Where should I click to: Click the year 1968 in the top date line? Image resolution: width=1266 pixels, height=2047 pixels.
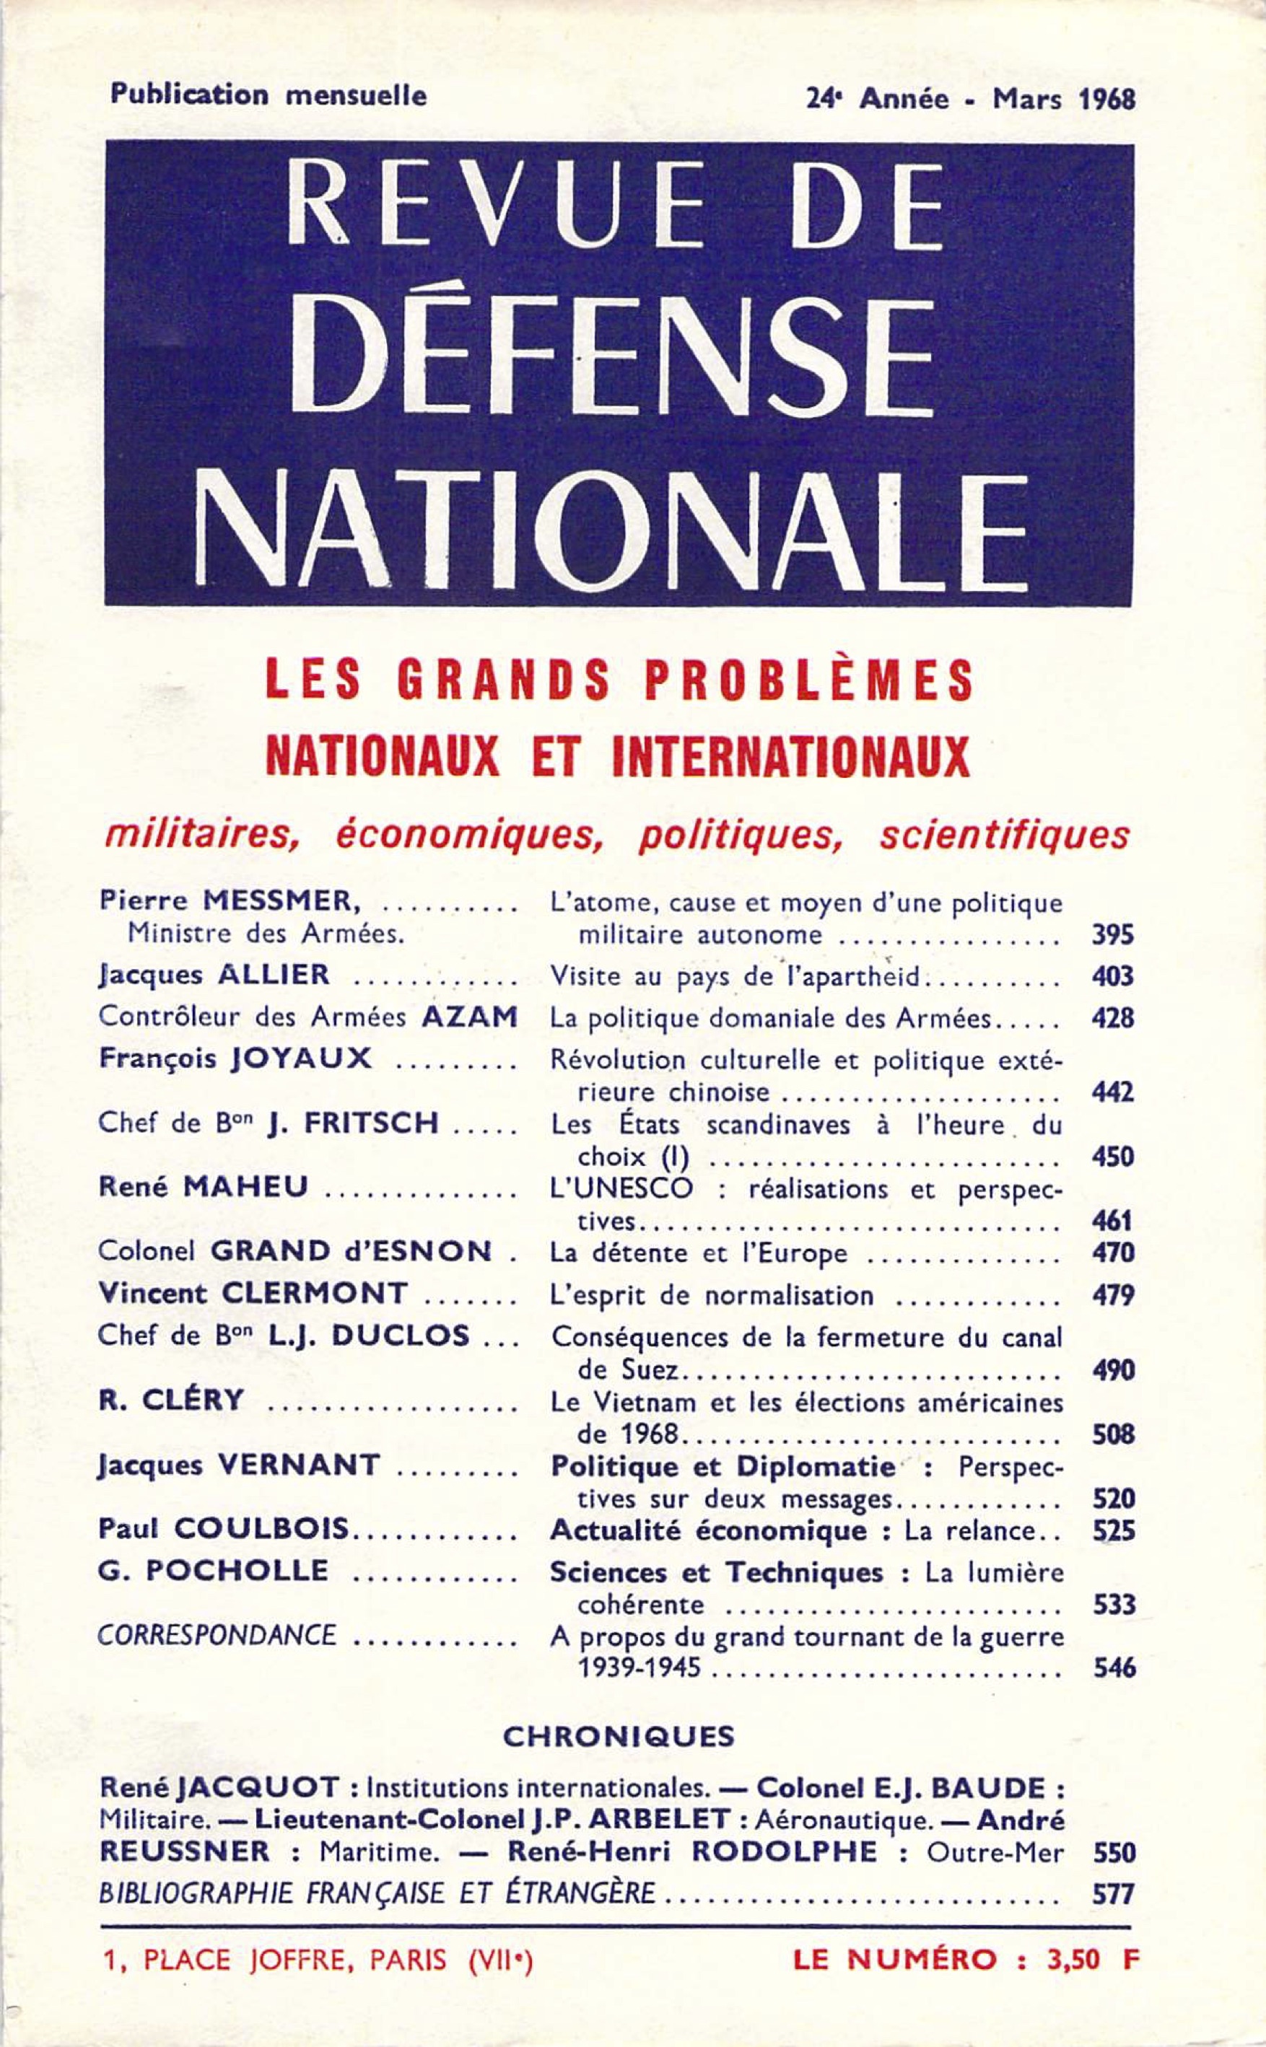click(1107, 100)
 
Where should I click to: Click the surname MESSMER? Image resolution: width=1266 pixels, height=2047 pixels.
click(281, 900)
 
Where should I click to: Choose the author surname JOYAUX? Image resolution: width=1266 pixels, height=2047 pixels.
click(300, 1058)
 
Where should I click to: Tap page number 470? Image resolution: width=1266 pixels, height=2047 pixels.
click(1113, 1253)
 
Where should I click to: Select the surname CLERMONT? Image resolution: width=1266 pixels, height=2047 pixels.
click(314, 1294)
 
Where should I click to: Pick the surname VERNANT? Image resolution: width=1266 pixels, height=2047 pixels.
click(298, 1465)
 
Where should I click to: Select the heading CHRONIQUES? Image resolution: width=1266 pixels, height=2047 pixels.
click(618, 1736)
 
